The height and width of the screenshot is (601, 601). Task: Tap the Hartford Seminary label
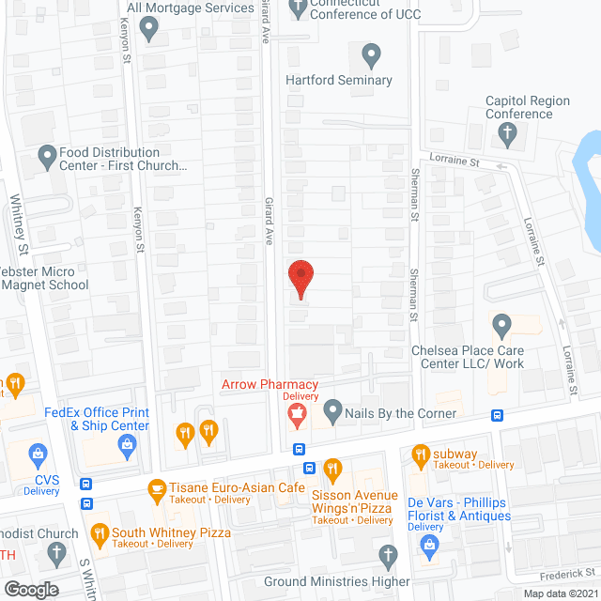tap(339, 80)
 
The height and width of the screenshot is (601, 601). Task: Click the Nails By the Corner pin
tap(332, 410)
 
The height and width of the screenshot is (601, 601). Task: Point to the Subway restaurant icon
tap(420, 455)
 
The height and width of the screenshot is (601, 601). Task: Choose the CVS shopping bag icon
tap(39, 455)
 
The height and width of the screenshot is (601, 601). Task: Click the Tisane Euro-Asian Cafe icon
tap(157, 488)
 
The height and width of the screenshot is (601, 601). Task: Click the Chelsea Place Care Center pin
tap(501, 326)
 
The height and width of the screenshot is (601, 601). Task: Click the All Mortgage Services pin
tap(148, 28)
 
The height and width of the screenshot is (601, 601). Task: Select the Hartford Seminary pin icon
tap(372, 54)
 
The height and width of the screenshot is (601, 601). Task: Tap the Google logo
tap(31, 590)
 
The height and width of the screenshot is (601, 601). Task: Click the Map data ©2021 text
tap(560, 593)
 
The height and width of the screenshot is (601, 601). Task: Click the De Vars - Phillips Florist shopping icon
tap(430, 544)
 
